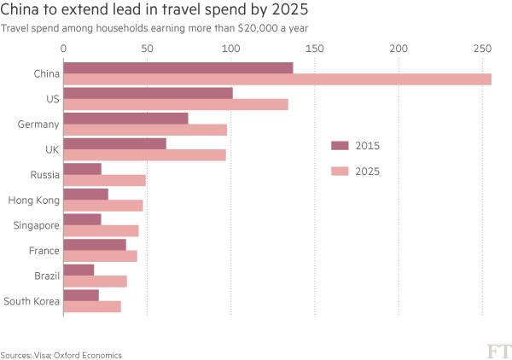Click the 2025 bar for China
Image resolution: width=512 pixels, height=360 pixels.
(x=277, y=79)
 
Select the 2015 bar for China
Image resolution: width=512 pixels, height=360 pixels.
(x=178, y=67)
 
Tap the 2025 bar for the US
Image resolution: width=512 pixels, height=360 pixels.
(x=176, y=104)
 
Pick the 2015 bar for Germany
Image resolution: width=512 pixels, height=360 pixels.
(x=126, y=118)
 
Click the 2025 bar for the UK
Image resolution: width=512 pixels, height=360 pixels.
(x=145, y=155)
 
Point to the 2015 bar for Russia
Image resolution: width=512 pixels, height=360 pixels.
(x=83, y=168)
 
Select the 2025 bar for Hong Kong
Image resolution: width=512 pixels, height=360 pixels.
(x=103, y=206)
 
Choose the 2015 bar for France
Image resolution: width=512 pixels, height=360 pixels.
(x=95, y=244)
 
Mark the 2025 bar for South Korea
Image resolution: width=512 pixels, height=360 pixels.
(x=92, y=306)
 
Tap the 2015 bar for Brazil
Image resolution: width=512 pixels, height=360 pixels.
(x=79, y=270)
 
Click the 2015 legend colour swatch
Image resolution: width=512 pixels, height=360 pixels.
(x=340, y=146)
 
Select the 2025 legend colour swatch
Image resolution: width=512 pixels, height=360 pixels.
(x=340, y=171)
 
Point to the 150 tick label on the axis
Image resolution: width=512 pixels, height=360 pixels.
(x=315, y=49)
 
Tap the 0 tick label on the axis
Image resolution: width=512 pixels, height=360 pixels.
(x=64, y=49)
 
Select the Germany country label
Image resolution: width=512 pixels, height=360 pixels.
(x=38, y=125)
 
